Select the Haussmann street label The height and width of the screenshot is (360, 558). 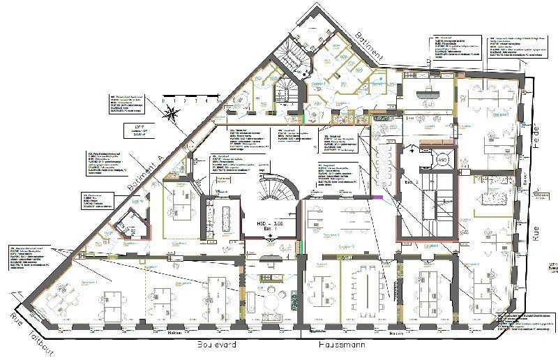[339, 345]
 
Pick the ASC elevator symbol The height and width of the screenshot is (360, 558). [442, 160]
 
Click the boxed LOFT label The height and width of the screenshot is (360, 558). [139, 130]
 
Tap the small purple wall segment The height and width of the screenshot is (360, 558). [378, 199]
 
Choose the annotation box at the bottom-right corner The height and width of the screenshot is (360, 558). [522, 320]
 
